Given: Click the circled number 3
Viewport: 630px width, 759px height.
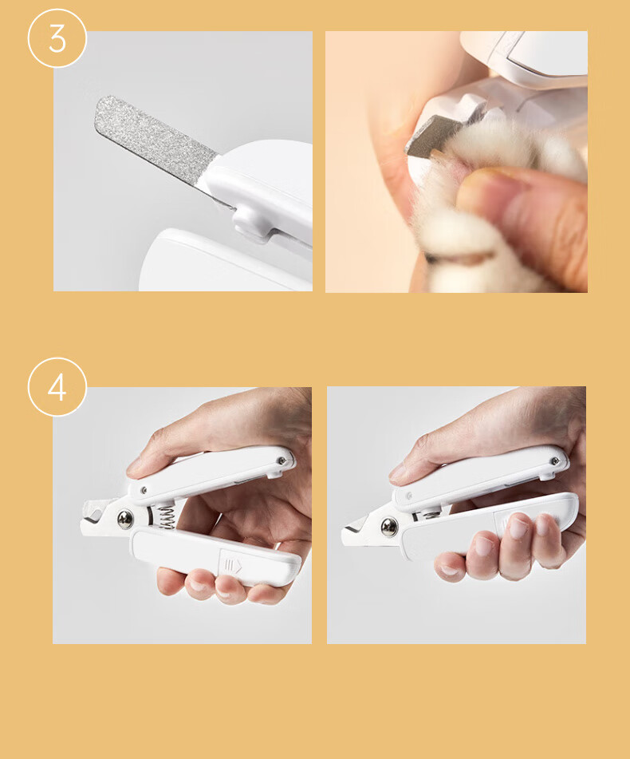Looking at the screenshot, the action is click(57, 39).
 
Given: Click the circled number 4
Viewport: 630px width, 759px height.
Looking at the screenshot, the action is click(57, 387).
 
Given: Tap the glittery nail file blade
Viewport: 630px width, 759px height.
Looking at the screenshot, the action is click(153, 138).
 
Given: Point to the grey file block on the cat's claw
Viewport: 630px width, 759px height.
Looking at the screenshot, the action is click(426, 137).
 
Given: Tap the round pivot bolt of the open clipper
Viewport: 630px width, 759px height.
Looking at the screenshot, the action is click(126, 520).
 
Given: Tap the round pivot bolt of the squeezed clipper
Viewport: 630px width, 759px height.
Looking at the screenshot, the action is click(389, 527).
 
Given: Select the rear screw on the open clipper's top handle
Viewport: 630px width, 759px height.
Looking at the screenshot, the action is click(281, 461).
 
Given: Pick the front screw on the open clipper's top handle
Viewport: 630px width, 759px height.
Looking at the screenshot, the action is click(144, 491).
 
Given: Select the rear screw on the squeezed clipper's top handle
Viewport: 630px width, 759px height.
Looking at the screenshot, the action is click(554, 461).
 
